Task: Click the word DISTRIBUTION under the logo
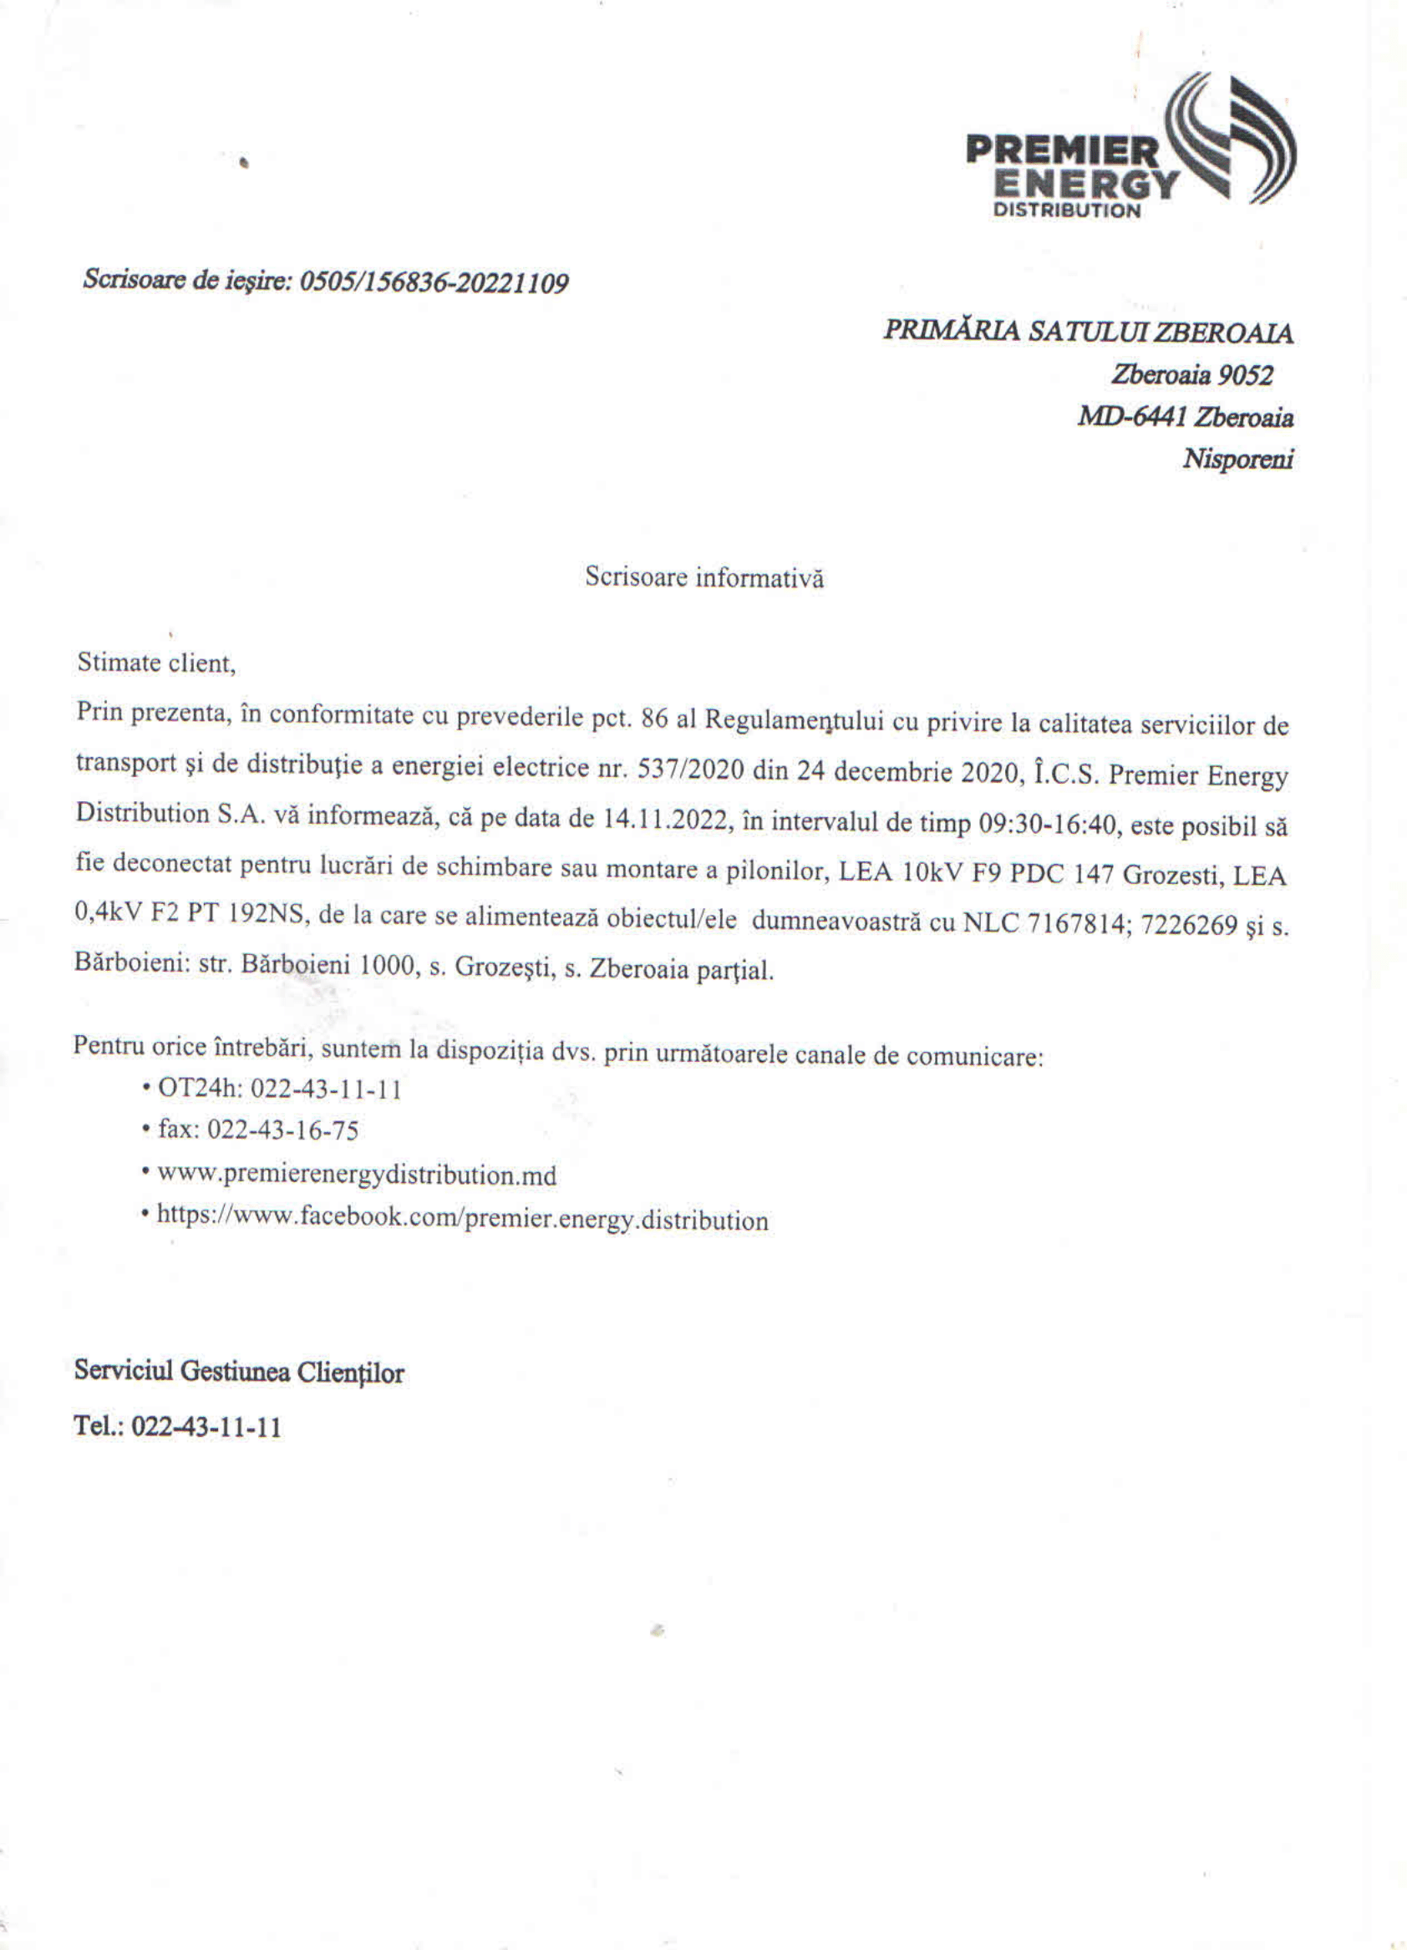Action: pyautogui.click(x=1066, y=211)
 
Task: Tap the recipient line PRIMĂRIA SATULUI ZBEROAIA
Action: pyautogui.click(x=1088, y=332)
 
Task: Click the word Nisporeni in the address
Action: pyautogui.click(x=1237, y=460)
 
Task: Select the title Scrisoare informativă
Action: pyautogui.click(x=704, y=577)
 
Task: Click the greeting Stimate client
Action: pyautogui.click(x=155, y=663)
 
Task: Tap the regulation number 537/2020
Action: pyautogui.click(x=690, y=769)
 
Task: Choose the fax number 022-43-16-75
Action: pyautogui.click(x=283, y=1130)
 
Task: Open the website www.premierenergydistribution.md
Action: pyautogui.click(x=357, y=1175)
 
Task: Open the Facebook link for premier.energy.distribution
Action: pyautogui.click(x=463, y=1219)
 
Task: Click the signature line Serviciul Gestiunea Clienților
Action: pyautogui.click(x=239, y=1371)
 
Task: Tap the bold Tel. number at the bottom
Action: pyautogui.click(x=206, y=1427)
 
